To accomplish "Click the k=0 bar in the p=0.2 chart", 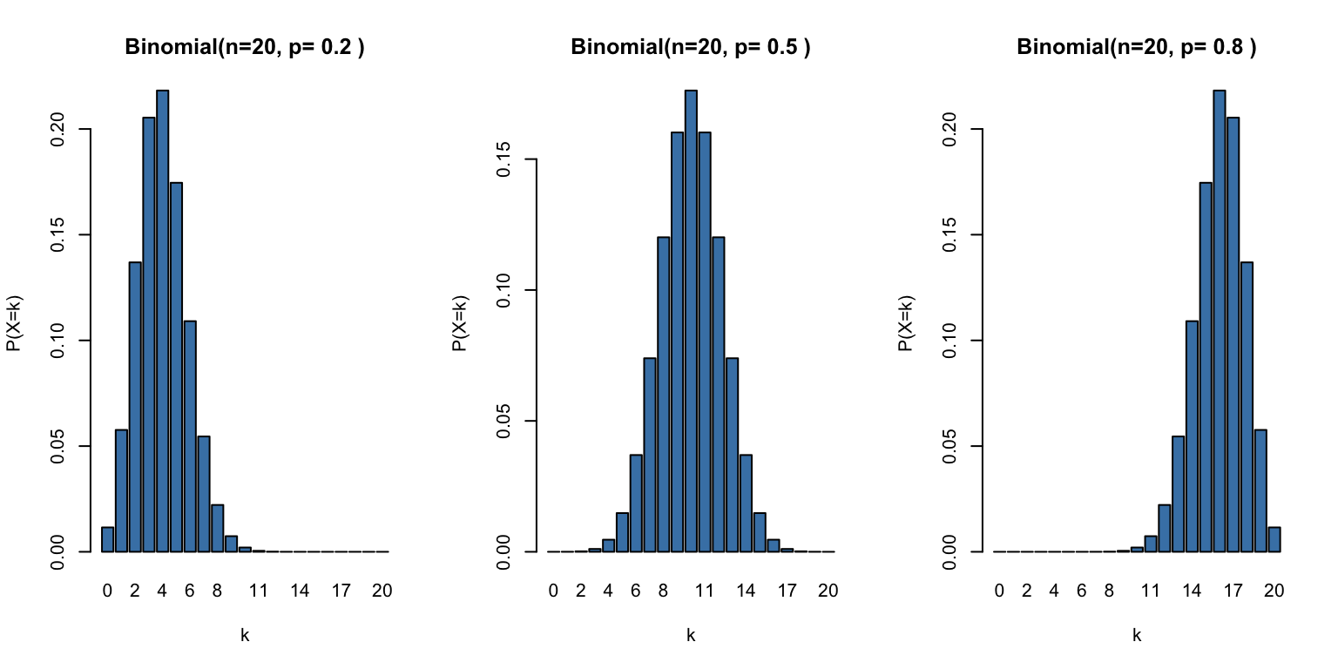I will [107, 540].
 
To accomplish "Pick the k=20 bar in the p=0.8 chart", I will [1274, 540].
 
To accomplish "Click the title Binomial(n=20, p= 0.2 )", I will [245, 48].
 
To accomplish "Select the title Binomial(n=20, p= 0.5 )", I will [691, 48].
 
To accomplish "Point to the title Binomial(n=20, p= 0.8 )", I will [1137, 48].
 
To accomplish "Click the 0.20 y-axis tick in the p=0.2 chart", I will [58, 129].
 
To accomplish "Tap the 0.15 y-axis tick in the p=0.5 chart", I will [504, 159].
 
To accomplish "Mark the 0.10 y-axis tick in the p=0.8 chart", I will [950, 341].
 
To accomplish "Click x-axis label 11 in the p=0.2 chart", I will [259, 591].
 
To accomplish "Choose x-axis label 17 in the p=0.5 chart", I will [787, 591].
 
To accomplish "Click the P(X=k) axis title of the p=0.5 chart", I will [459, 322].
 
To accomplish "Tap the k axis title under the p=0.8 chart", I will [1137, 636].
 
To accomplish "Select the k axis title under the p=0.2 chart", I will [245, 636].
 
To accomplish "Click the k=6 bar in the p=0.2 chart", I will [190, 436].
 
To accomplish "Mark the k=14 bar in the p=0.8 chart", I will [1193, 436].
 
